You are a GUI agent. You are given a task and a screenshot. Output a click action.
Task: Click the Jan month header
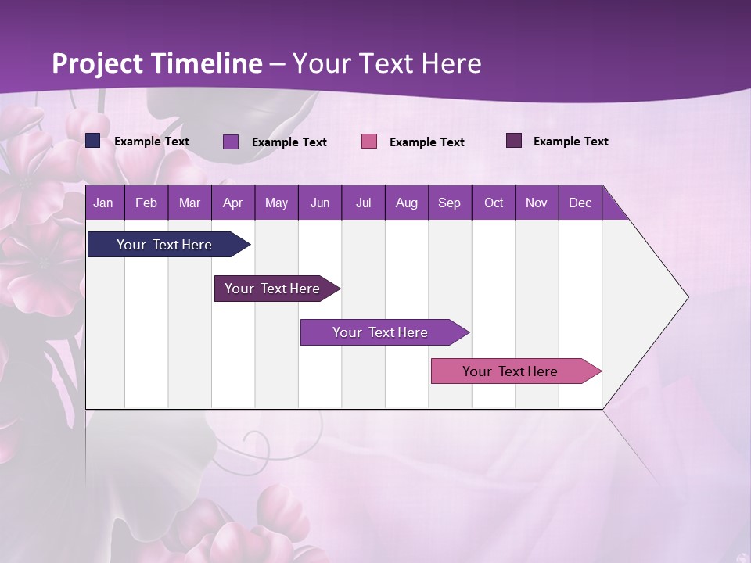(x=103, y=203)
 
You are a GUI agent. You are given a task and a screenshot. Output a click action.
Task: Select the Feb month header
(x=146, y=203)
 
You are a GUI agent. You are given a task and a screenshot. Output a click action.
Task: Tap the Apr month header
(x=232, y=203)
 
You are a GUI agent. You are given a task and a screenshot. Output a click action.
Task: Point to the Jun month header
(x=320, y=203)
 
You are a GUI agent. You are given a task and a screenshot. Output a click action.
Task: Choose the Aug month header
(x=406, y=203)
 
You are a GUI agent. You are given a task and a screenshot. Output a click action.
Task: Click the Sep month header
(x=449, y=203)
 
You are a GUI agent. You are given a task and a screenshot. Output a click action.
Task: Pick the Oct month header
(x=494, y=203)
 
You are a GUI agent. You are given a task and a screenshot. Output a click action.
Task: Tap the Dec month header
(x=580, y=203)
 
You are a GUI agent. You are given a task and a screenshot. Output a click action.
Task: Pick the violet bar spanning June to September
(x=381, y=332)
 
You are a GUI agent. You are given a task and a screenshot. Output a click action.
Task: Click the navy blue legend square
(x=93, y=141)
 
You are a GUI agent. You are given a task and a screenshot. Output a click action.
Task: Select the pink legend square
(x=369, y=142)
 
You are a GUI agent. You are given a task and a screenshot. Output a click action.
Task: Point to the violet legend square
(x=231, y=142)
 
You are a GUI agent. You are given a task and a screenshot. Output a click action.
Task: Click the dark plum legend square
(x=514, y=141)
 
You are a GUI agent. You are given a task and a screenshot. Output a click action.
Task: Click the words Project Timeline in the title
(x=157, y=63)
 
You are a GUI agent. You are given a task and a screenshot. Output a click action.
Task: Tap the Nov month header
(x=537, y=203)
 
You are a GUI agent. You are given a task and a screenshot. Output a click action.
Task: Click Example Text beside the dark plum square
(x=570, y=142)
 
